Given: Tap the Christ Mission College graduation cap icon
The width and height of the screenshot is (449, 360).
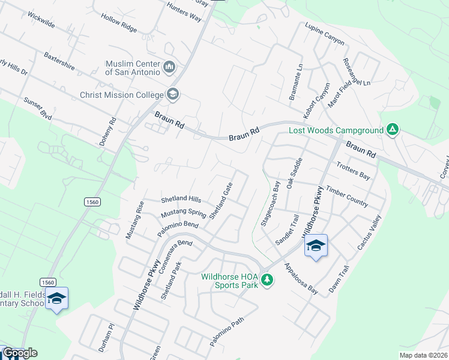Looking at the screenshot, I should (x=173, y=94).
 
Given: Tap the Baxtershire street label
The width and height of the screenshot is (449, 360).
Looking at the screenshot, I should (x=59, y=61).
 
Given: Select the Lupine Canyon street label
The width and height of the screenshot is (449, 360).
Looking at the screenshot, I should (x=325, y=35).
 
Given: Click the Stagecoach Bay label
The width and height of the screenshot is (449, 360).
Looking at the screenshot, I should (x=271, y=203).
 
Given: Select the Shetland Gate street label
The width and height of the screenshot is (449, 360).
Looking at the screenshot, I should (x=221, y=201).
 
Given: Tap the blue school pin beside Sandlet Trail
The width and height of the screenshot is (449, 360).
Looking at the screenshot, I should (x=316, y=246).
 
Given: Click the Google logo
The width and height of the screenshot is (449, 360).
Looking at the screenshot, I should (x=20, y=353).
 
